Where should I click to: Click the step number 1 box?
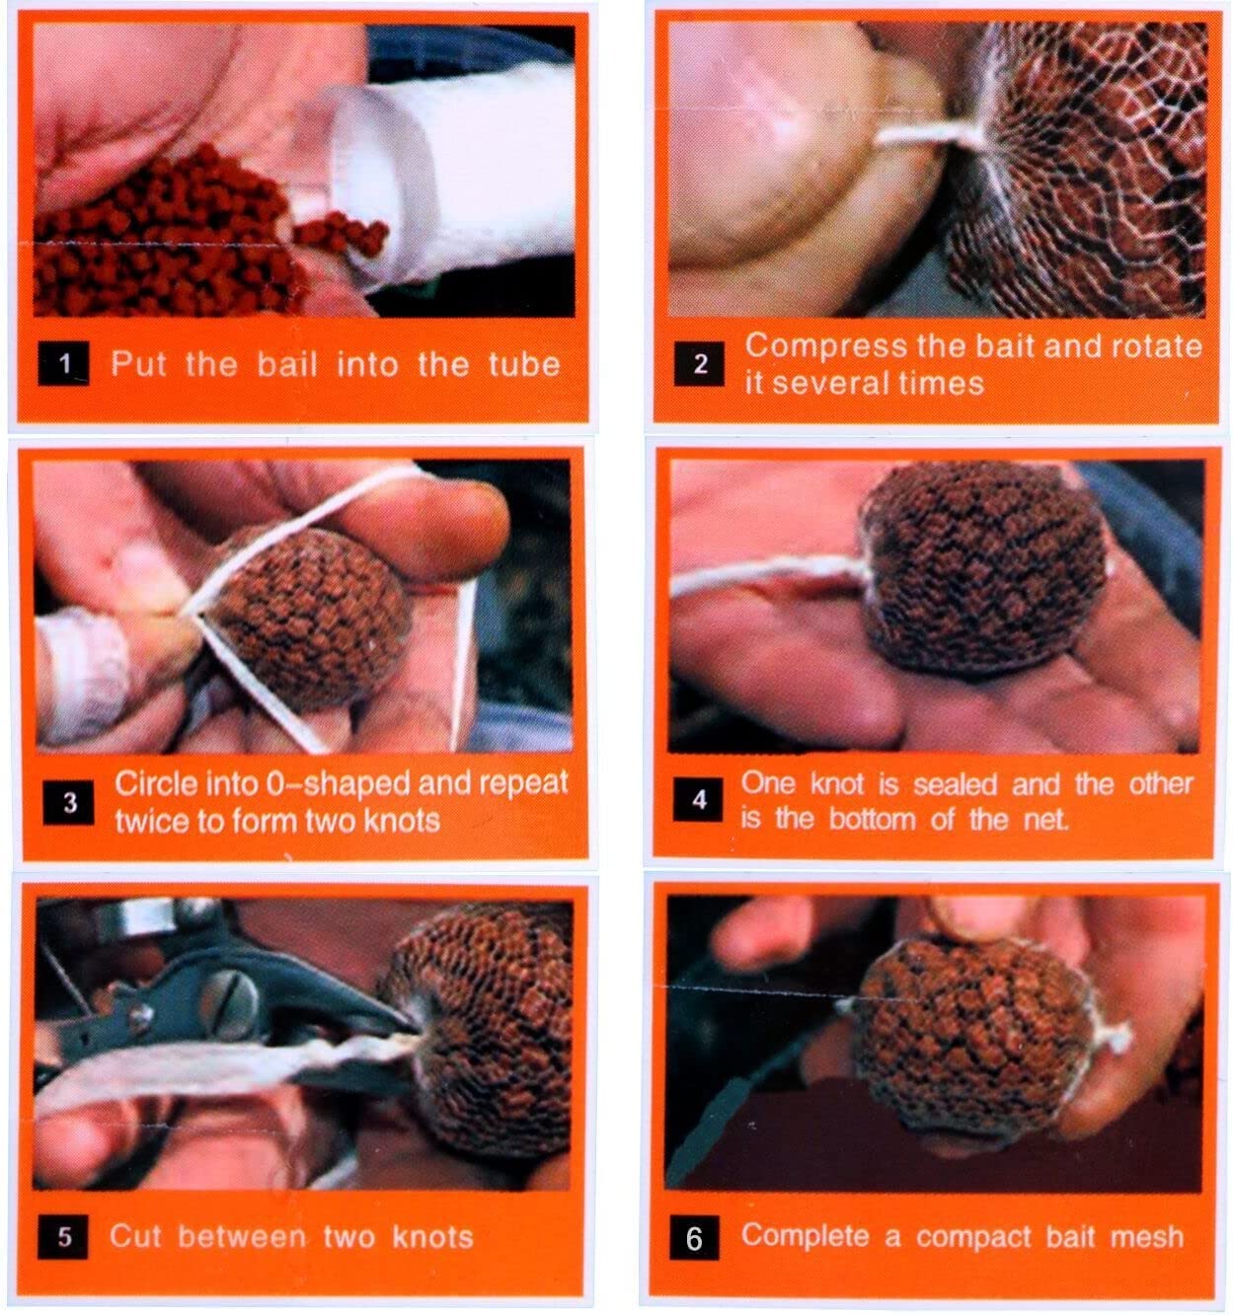coord(63,363)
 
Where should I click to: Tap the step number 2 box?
coord(699,363)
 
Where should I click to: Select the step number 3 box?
coord(68,802)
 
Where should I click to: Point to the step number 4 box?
coord(698,799)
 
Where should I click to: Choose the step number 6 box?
coord(694,1237)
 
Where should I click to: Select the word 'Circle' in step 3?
coord(155,784)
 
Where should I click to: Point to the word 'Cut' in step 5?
coord(135,1236)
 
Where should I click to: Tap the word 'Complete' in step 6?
coord(805,1236)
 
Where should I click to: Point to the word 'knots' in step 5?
coord(432,1236)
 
